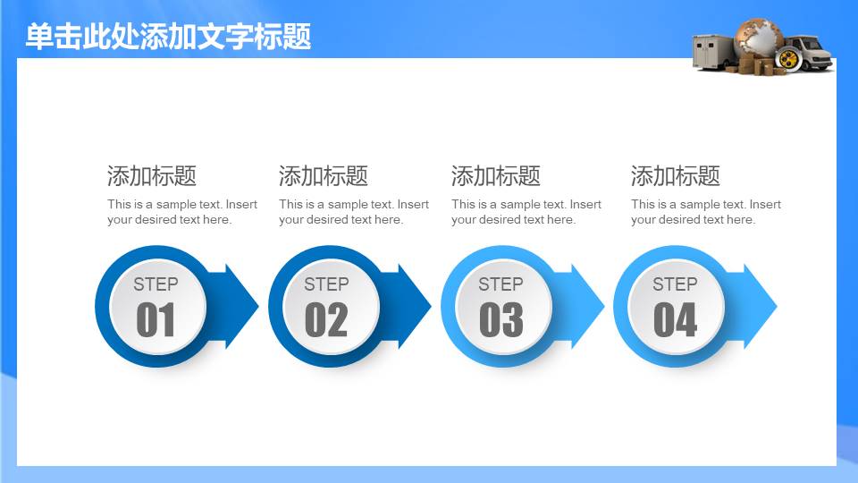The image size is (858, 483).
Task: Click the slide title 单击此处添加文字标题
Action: pos(169,37)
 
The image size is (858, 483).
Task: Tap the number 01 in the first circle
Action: pos(156,320)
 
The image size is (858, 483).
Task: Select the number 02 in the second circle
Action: pos(327,320)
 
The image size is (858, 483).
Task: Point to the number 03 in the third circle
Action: pos(501,320)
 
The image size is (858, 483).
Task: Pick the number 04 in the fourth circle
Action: pos(676,320)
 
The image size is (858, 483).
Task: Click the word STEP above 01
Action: pos(156,284)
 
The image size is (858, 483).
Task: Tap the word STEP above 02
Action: pos(327,284)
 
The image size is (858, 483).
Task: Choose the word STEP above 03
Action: pos(500,284)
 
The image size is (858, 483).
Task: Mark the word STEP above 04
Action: pos(675,284)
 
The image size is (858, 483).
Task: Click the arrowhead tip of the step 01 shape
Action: pos(258,306)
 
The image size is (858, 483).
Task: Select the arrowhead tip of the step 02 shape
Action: pos(431,306)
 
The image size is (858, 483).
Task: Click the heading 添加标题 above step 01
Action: pos(152,176)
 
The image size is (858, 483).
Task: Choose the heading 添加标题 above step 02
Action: pos(324,176)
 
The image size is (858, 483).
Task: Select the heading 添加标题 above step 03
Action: pos(496,176)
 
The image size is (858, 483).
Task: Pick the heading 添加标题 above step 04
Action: pos(676,176)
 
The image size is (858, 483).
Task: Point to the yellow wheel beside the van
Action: pos(788,59)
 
